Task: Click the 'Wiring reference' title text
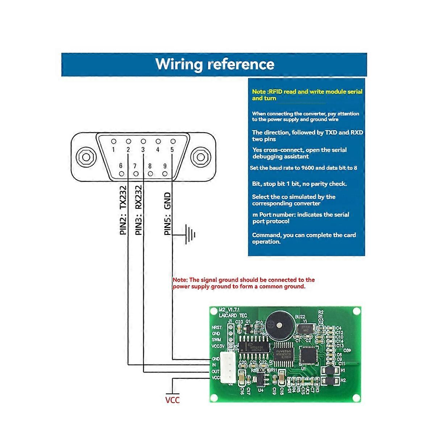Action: [x=215, y=64]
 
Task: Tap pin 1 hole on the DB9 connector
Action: [x=114, y=141]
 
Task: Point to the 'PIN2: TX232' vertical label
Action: [x=123, y=210]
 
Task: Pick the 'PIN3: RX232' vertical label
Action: [x=138, y=210]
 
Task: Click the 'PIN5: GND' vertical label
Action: [x=167, y=214]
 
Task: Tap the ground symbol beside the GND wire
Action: [x=190, y=235]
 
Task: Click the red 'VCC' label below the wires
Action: [x=173, y=400]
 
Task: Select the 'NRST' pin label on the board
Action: [x=216, y=327]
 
